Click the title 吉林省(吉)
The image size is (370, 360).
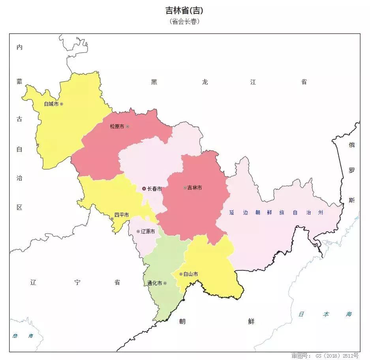point(184,11)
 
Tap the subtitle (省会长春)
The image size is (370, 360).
point(184,21)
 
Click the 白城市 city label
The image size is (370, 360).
point(51,104)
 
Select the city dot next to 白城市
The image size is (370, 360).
point(61,104)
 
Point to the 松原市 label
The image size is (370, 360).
point(117,127)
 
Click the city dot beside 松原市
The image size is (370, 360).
point(127,126)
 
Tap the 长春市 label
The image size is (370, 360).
point(154,189)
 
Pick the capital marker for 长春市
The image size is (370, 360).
point(144,189)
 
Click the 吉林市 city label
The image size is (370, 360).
point(194,188)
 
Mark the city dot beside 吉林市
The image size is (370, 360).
point(185,187)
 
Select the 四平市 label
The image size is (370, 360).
point(122,215)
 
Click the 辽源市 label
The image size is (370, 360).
point(148,232)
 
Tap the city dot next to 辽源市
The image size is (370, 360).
point(138,231)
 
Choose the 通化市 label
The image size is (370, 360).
point(155,283)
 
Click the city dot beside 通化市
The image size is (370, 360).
point(165,283)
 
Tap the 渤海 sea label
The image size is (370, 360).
point(23,336)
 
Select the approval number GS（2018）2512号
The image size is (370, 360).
point(325,356)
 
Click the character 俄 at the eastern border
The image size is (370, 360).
point(351,145)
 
